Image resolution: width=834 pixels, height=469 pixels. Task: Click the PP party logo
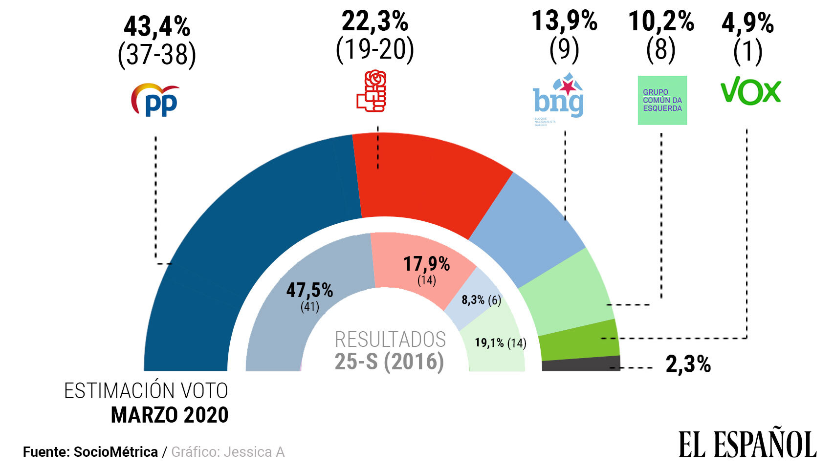pos(155,100)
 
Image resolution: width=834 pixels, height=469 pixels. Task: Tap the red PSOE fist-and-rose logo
pos(372,91)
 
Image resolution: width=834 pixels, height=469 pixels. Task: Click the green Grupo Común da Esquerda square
pos(662,100)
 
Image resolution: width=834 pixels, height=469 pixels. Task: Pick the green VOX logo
pos(750,92)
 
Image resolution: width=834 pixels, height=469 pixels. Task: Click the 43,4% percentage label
pos(156,27)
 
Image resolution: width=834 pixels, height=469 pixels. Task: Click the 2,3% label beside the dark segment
pos(688,364)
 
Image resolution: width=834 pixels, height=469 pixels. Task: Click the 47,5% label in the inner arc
pos(309,290)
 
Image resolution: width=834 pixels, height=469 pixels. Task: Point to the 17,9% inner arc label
pos(426,264)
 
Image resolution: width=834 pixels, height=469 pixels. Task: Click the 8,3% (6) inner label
pos(481,300)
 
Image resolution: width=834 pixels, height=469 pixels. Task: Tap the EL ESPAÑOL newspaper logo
pos(747,444)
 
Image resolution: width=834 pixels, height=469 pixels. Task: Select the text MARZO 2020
pos(170,415)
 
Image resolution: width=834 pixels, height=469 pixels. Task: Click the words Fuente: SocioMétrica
pos(90,452)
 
